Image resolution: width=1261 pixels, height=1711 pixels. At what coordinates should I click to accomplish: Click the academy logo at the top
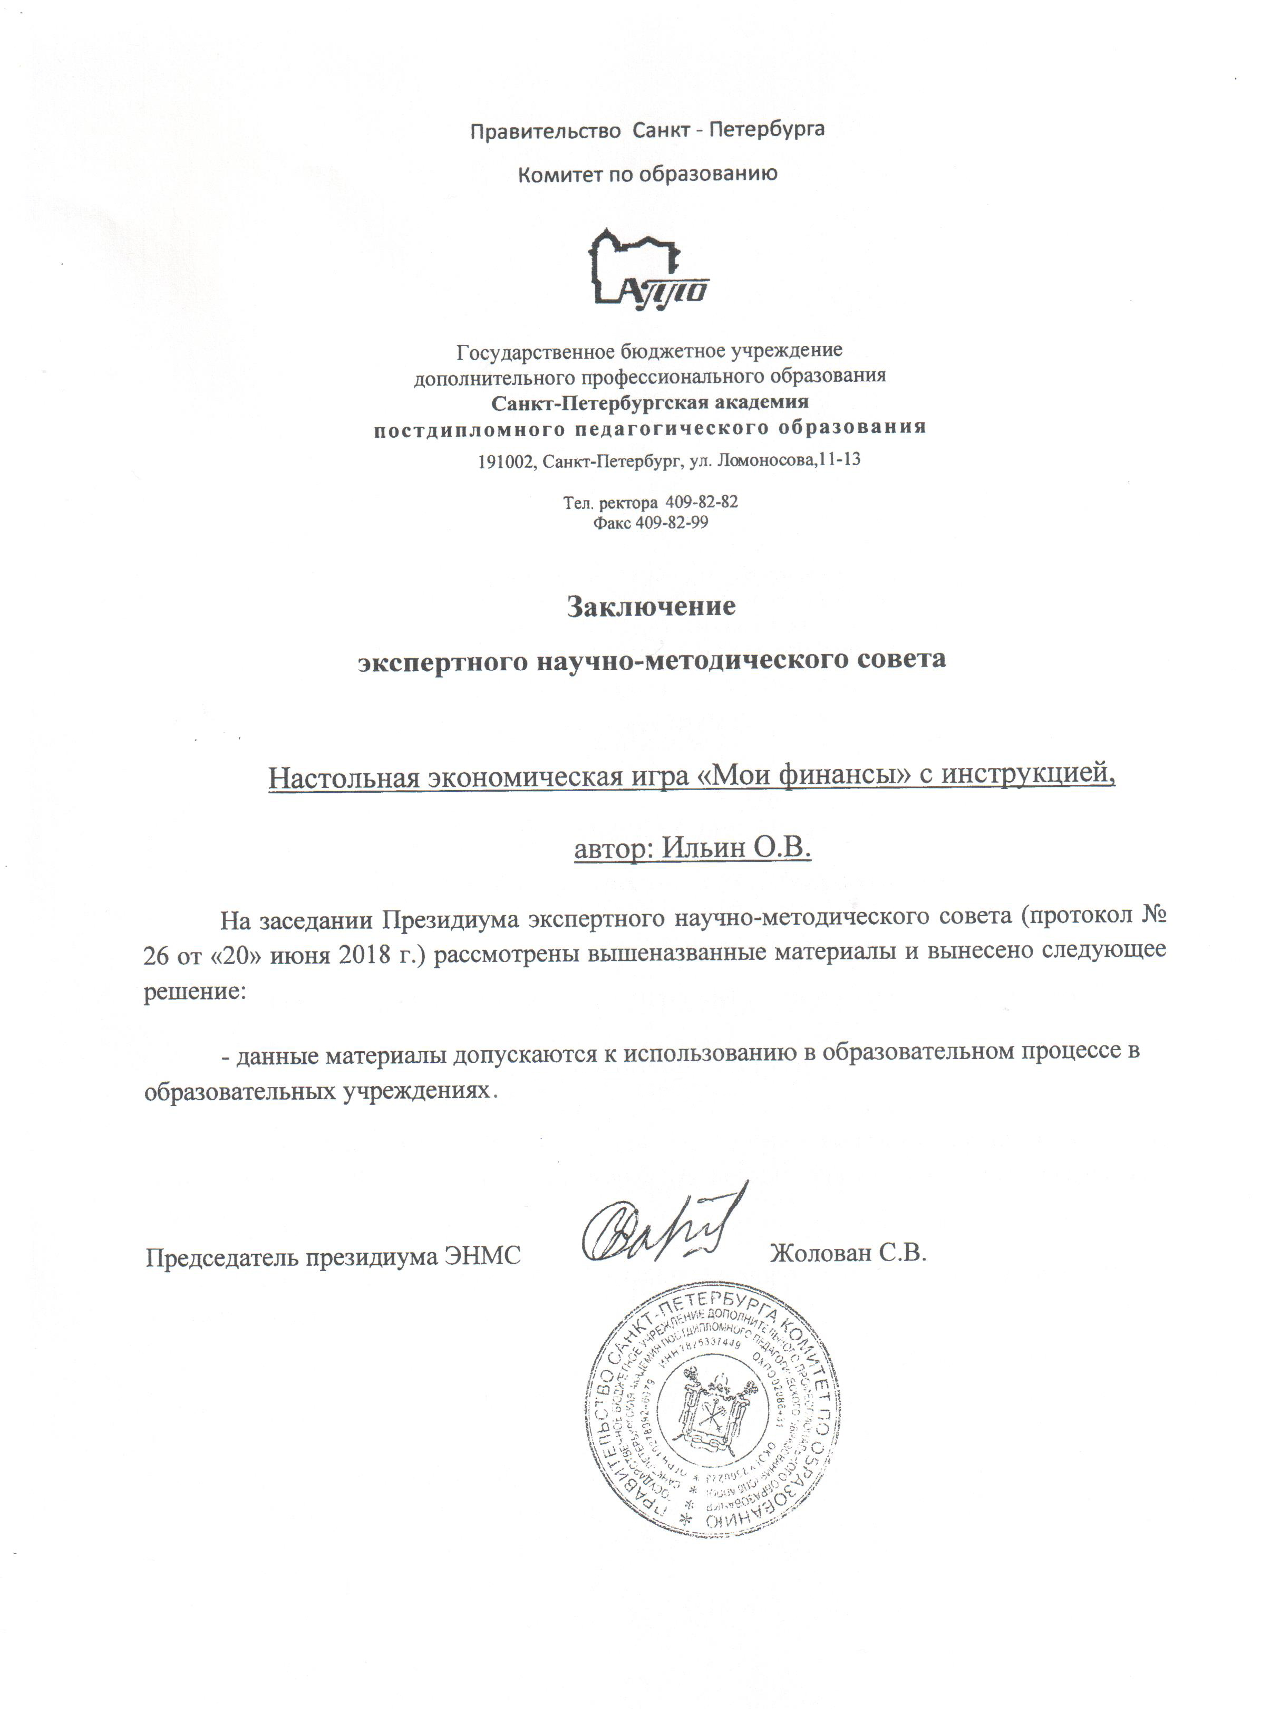coord(651,267)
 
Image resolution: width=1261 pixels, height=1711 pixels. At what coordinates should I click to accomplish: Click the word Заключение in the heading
coord(651,606)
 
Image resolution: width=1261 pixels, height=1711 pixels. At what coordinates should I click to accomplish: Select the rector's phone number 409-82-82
coord(702,502)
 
